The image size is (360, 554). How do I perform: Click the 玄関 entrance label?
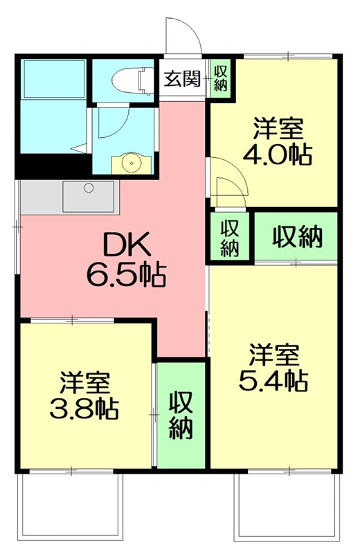coord(183,78)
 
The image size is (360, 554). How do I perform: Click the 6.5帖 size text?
coord(125,276)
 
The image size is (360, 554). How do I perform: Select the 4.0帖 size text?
coord(277,154)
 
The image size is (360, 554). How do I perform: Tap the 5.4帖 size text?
coord(273,380)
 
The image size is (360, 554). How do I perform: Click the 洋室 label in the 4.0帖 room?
coord(277,129)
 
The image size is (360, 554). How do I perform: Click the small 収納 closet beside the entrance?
coord(221,78)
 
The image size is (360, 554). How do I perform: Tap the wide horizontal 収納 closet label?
coord(296,237)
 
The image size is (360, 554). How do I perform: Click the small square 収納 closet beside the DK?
coord(230,238)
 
